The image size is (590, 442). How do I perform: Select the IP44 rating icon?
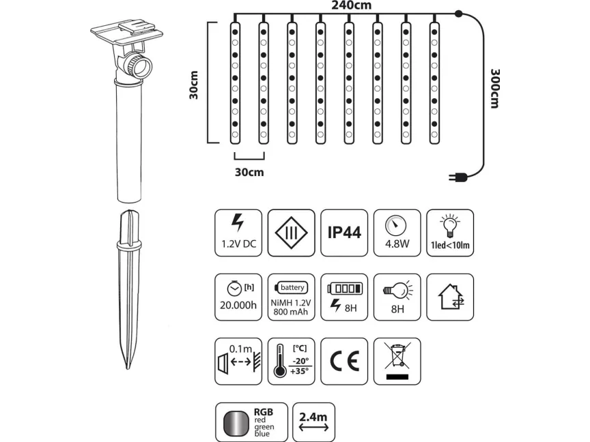[344, 233]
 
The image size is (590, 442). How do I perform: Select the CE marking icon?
[344, 361]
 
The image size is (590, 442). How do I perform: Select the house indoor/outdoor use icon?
[450, 297]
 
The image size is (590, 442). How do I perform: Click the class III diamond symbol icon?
[292, 233]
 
